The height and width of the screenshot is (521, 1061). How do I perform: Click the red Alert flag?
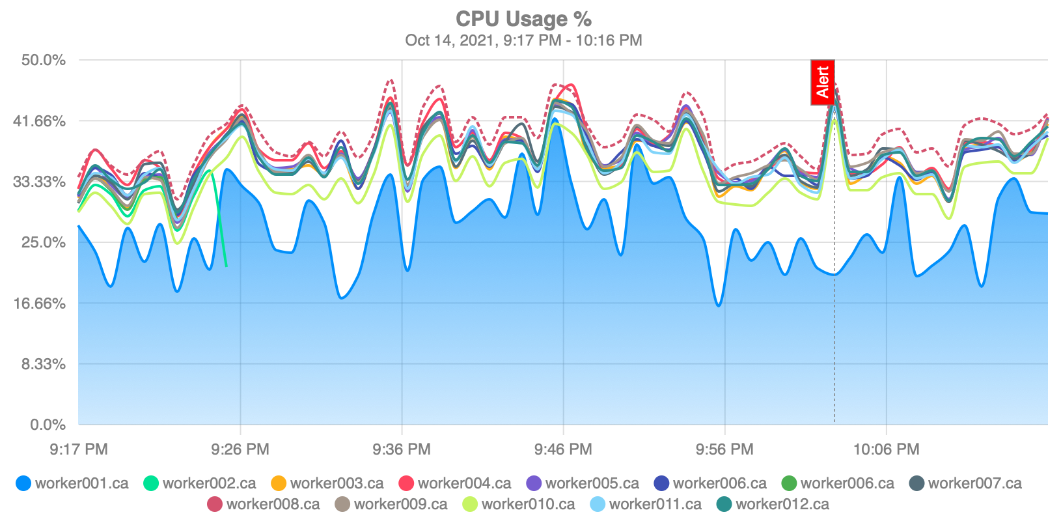pos(823,83)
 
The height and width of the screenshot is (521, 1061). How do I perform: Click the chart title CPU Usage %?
pos(523,20)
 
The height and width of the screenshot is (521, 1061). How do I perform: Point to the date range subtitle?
pos(523,40)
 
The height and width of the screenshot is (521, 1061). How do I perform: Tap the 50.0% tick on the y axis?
pos(44,61)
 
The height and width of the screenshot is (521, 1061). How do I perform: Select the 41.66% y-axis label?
pos(40,121)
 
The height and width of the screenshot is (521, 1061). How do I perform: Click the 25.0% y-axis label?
pos(44,242)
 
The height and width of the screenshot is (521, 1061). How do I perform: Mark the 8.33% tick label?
pos(44,364)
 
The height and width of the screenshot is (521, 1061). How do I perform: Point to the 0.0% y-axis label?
pos(48,425)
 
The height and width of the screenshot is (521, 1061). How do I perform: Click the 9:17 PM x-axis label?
pos(79,449)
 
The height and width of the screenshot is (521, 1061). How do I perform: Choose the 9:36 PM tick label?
pos(402,449)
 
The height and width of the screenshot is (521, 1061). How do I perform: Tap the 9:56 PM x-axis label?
pos(724,449)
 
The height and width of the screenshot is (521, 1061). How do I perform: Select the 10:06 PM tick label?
pos(886,449)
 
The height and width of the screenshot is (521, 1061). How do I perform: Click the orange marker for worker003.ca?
pos(279,483)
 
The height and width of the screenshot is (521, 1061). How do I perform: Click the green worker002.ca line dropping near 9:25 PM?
pos(220,221)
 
